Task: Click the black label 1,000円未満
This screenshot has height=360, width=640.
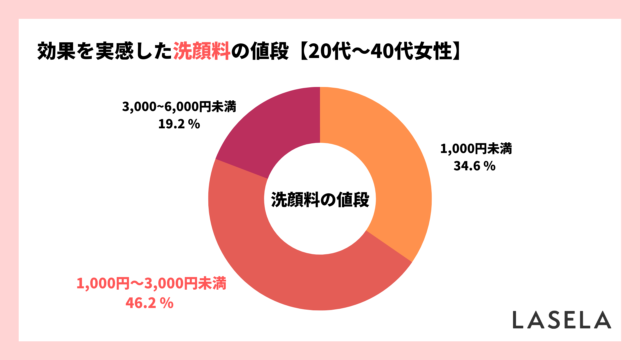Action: [475, 149]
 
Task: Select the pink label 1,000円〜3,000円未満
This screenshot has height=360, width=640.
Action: [150, 282]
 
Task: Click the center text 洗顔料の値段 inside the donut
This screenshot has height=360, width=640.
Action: [320, 198]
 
